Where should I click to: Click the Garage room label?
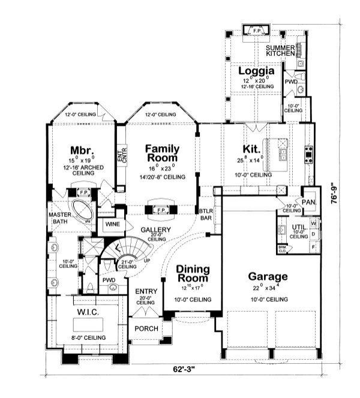[268, 277]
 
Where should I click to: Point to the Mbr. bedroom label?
[80, 149]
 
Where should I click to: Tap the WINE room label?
[112, 224]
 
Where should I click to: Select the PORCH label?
[145, 328]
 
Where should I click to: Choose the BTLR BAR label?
[206, 215]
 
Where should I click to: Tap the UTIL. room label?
[298, 228]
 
